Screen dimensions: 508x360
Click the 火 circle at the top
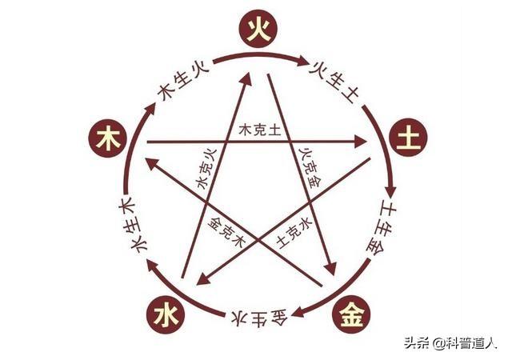click(x=258, y=29)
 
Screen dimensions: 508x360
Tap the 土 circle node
click(x=408, y=138)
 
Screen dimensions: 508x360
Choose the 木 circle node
click(x=107, y=138)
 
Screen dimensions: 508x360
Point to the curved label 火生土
click(x=334, y=80)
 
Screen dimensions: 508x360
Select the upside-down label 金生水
click(x=260, y=319)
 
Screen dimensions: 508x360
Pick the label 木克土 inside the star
click(x=259, y=130)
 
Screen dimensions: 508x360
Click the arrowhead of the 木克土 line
click(x=361, y=142)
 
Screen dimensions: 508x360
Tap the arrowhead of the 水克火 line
click(x=247, y=78)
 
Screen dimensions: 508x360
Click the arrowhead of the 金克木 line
click(x=152, y=163)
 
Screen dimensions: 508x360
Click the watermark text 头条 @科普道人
click(x=450, y=343)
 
